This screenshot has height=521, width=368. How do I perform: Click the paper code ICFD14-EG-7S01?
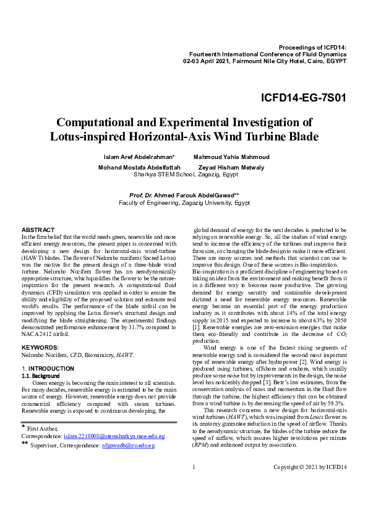click(x=303, y=98)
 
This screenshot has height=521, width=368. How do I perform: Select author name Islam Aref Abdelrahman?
click(x=139, y=157)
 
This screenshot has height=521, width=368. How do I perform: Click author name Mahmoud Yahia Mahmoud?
click(x=231, y=157)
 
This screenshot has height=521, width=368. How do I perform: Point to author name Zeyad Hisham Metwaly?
click(x=231, y=167)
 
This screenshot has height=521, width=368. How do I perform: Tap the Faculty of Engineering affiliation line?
click(x=184, y=202)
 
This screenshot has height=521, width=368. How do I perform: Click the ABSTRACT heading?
click(x=38, y=230)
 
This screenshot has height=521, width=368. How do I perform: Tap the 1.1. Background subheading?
click(x=41, y=376)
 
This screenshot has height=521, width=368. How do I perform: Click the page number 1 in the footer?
click(x=194, y=483)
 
